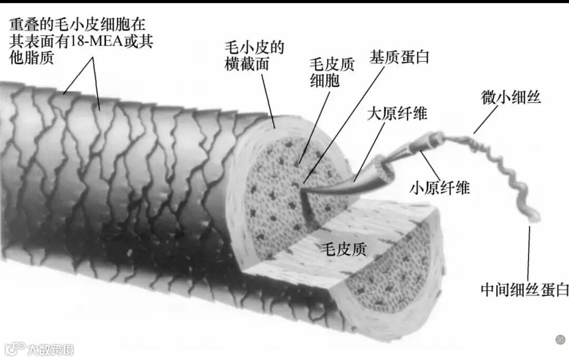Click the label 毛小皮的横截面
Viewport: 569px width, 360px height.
pyautogui.click(x=254, y=56)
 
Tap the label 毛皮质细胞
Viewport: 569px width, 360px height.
pyautogui.click(x=332, y=72)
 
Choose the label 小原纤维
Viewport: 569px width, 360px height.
pyautogui.click(x=439, y=188)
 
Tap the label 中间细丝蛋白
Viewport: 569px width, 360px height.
pyautogui.click(x=525, y=289)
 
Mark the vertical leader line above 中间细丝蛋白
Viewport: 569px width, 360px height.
pyautogui.click(x=528, y=253)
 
